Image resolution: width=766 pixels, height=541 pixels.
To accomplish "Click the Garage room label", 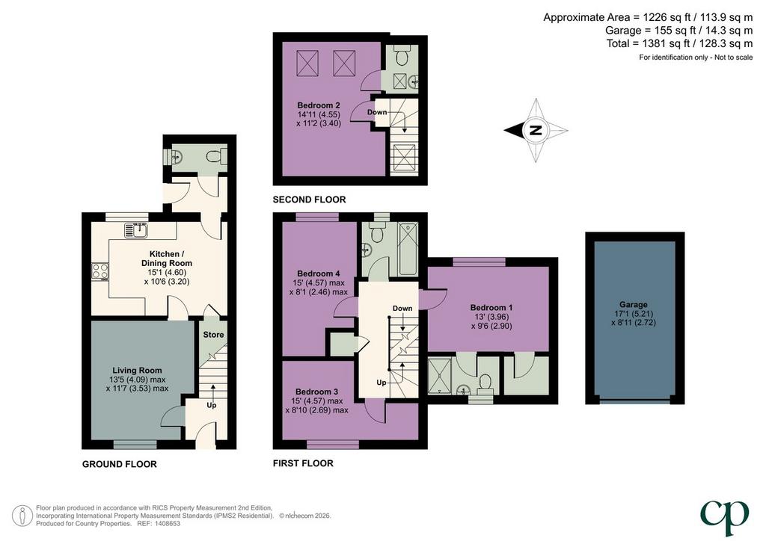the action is coord(633,304).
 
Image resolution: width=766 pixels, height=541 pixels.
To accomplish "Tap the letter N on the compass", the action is coord(536,130).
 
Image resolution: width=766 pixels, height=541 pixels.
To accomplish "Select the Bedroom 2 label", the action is coord(319,105).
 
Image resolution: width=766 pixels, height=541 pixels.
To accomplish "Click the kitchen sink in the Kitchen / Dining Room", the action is coord(136,229).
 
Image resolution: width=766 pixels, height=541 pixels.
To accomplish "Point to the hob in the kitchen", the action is coord(99,272).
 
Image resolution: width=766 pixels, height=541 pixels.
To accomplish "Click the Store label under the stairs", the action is coord(213,335).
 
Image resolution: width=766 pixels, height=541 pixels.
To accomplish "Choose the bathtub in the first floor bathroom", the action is coord(408,249).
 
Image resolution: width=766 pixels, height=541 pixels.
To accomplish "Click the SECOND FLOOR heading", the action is coord(309,200).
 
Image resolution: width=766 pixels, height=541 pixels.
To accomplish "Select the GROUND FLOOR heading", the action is coord(119,465).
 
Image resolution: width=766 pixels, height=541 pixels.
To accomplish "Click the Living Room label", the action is coord(137,371).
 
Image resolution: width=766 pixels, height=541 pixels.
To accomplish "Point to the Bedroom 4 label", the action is coord(319,273).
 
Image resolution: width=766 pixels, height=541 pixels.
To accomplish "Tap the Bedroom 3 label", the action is coord(316,392).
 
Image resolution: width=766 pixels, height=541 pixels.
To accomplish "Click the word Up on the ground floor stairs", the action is coord(212,406).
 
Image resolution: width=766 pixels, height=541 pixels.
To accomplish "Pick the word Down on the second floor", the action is coord(377,112).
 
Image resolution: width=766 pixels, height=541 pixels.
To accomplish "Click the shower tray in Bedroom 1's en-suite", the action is coord(439,376).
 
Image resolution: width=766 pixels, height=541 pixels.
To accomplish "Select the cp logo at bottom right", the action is coord(724,518).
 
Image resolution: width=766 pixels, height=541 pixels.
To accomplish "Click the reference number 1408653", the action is coord(166,523).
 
